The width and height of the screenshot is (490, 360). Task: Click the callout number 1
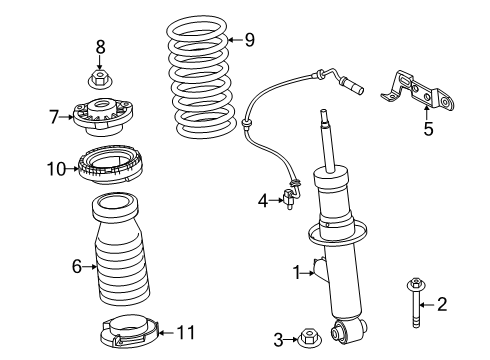coord(296,271)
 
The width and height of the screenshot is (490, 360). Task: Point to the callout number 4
coord(262,201)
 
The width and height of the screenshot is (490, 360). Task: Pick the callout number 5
coord(429,127)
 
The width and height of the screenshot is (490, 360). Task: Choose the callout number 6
coord(76,266)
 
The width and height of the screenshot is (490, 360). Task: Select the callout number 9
coord(249,40)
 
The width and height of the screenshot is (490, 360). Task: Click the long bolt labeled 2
coord(416,299)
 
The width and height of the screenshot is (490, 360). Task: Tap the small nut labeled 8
coord(100,76)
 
